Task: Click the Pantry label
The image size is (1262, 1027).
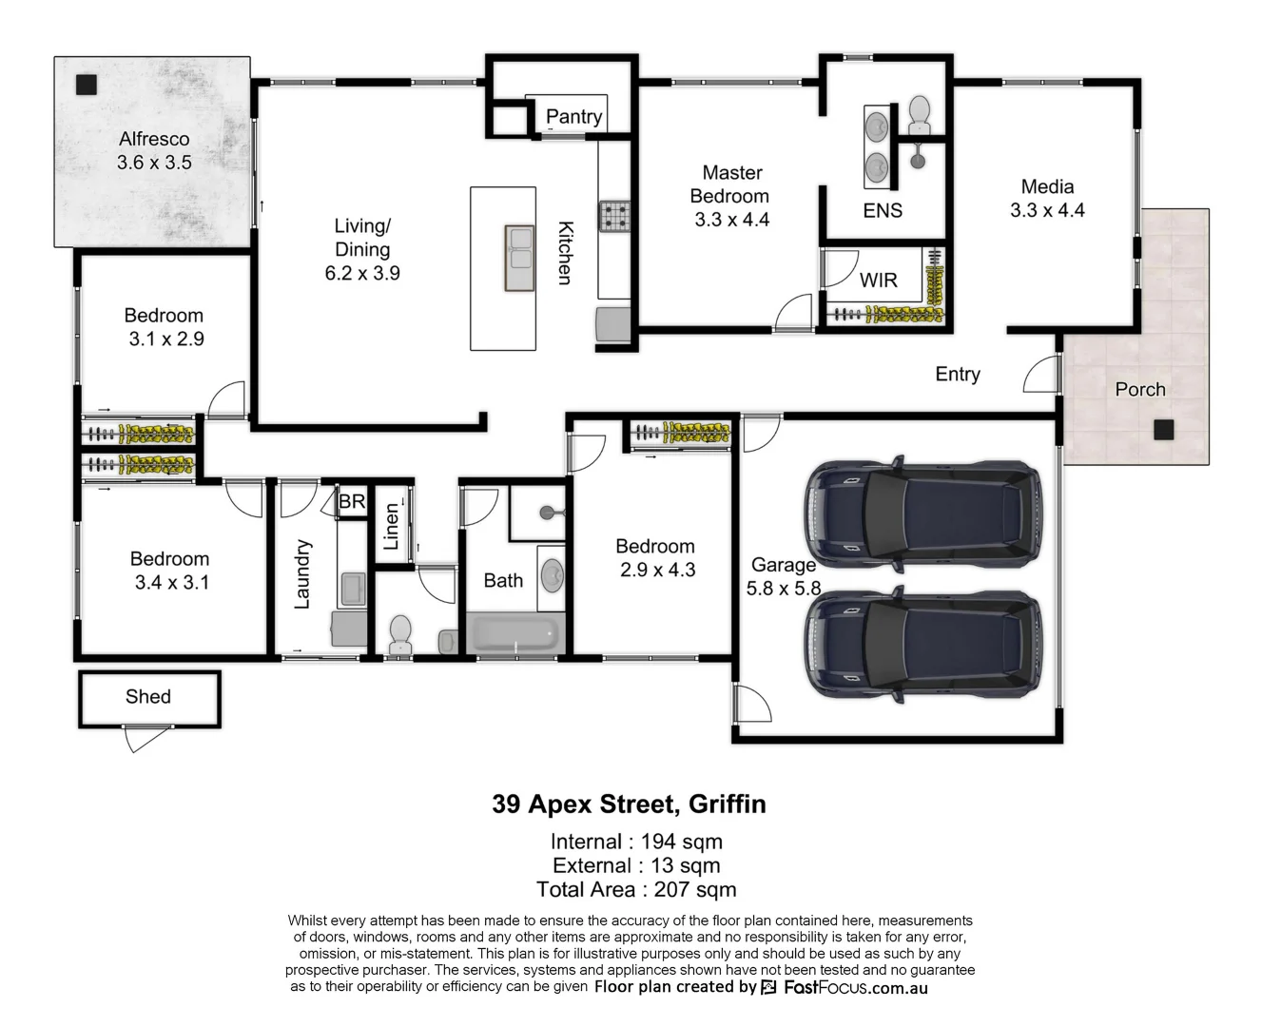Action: (x=573, y=117)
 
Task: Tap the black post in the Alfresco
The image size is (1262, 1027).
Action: (x=87, y=85)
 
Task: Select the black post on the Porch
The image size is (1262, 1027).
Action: (x=1162, y=430)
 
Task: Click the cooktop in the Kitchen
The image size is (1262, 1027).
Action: (x=613, y=216)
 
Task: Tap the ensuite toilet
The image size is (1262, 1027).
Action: (x=919, y=115)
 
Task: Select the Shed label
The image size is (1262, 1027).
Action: (x=148, y=697)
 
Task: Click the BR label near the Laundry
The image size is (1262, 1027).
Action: (x=352, y=501)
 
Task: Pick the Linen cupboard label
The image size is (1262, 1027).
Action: (x=391, y=527)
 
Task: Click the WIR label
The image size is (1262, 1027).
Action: (x=878, y=281)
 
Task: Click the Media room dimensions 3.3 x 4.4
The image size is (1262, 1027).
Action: (x=1047, y=210)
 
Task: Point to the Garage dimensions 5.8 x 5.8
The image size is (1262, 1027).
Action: (x=783, y=589)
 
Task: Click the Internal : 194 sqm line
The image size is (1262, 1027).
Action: (x=635, y=842)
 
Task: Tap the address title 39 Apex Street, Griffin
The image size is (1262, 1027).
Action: (x=629, y=804)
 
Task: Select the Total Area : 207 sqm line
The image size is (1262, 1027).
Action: (x=635, y=890)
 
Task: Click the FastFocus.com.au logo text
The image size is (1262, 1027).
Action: (x=854, y=988)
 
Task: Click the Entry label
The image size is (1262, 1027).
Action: (x=957, y=375)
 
